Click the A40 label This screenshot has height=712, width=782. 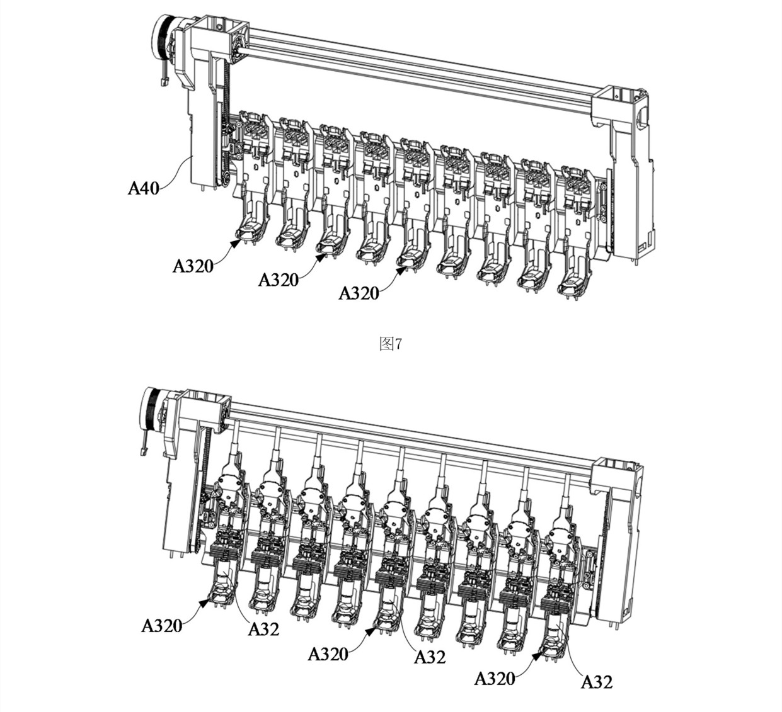coord(144,189)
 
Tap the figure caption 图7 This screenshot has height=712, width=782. coord(391,344)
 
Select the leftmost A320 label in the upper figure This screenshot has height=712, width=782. coord(193,266)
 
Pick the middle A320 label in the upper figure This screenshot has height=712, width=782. coord(279,280)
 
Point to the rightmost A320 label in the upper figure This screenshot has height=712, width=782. coord(359,293)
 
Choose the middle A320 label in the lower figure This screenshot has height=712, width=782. coord(328,654)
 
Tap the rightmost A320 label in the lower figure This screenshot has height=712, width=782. coord(495,679)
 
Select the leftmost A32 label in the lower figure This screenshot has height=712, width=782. coord(264,629)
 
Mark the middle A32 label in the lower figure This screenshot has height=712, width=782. coord(430,657)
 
